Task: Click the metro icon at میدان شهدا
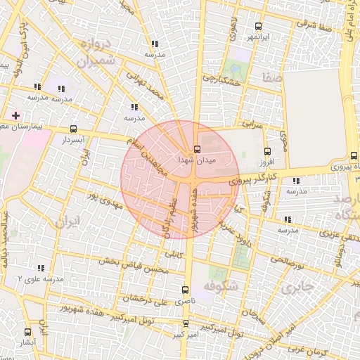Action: click(197, 149)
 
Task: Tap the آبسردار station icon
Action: click(74, 129)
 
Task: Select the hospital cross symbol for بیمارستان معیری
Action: click(15, 115)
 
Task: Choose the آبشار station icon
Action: click(28, 332)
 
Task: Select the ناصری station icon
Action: click(186, 290)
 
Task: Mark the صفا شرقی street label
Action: click(314, 24)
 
